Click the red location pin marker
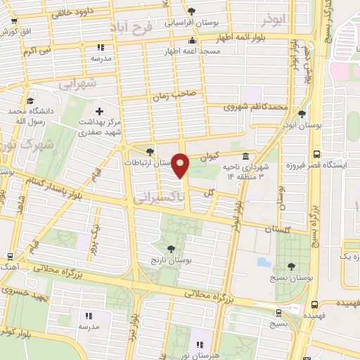[181, 165]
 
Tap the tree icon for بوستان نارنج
[172, 247]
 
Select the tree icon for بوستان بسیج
[291, 266]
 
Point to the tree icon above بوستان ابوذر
[302, 112]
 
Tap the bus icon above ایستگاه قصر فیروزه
[316, 154]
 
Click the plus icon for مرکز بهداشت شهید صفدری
[99, 111]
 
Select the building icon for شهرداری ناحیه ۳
[245, 156]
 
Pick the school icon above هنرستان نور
[200, 345]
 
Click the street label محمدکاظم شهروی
[256, 108]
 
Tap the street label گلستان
[278, 229]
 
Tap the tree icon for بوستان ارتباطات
[149, 151]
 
